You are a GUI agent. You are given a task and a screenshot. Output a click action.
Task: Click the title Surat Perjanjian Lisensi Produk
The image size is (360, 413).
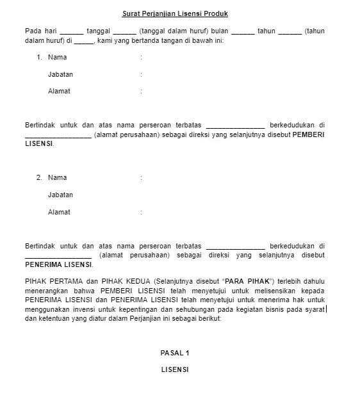click(x=175, y=13)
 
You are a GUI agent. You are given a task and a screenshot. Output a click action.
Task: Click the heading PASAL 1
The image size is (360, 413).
click(x=175, y=353)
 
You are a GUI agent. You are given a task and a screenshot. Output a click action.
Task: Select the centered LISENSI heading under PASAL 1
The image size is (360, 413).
click(x=175, y=369)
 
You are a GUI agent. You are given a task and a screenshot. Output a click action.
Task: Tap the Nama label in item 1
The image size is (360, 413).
click(x=57, y=58)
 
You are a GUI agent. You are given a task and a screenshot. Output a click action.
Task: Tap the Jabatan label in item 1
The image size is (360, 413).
click(x=60, y=74)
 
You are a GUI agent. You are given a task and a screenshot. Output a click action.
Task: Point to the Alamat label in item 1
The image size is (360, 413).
click(x=59, y=91)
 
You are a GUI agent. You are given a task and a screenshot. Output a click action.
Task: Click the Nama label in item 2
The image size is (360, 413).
click(x=57, y=177)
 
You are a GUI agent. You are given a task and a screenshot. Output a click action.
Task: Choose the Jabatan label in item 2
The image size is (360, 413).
click(x=60, y=195)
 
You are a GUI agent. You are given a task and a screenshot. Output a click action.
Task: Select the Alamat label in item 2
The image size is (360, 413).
click(x=59, y=211)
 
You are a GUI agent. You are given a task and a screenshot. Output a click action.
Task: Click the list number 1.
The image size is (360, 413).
click(x=39, y=58)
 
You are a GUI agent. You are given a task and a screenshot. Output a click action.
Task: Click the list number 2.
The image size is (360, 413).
click(x=39, y=177)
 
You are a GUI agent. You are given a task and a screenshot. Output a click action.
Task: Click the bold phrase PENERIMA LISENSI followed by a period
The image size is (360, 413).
click(x=58, y=264)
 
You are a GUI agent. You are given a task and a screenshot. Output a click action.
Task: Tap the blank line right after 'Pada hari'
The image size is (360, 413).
click(x=72, y=31)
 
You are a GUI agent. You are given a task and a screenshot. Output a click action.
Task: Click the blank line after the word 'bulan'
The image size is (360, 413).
click(x=243, y=31)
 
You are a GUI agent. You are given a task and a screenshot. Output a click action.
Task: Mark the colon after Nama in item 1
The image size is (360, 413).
click(x=141, y=58)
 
